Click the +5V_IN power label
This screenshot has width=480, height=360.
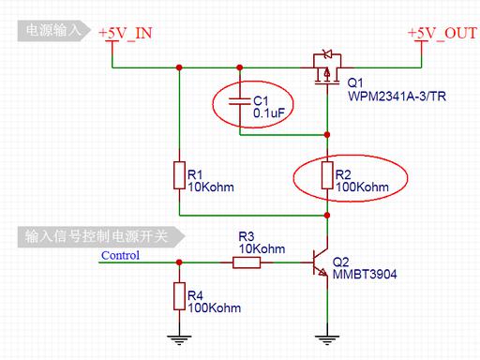click(x=126, y=33)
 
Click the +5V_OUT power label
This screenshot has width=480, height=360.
click(x=442, y=33)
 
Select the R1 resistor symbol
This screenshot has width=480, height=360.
click(x=179, y=175)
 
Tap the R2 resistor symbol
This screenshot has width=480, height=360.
click(x=327, y=175)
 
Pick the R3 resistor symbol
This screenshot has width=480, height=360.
click(x=247, y=262)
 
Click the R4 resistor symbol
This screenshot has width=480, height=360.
click(x=179, y=296)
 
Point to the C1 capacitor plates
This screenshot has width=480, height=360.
click(x=240, y=101)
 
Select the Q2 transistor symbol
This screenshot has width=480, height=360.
click(x=321, y=262)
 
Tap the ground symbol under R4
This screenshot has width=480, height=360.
click(x=179, y=340)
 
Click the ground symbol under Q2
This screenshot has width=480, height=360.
click(x=327, y=340)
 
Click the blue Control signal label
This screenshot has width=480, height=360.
click(x=120, y=255)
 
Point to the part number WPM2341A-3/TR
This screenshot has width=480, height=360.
click(x=397, y=96)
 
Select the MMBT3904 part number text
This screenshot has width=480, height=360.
click(x=365, y=275)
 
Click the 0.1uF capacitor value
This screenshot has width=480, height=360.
click(x=269, y=113)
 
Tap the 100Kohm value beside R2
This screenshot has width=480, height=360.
click(x=362, y=187)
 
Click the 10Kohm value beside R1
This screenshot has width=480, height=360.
click(x=211, y=187)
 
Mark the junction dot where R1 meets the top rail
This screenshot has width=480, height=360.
click(x=179, y=67)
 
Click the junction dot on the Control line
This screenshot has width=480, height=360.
click(x=179, y=262)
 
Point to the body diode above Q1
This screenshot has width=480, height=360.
click(x=327, y=54)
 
